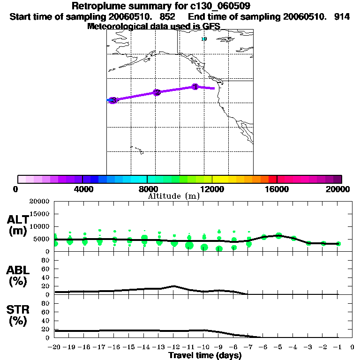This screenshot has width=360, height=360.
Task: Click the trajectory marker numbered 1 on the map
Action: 195,87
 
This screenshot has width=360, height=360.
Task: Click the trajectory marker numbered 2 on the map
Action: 157,93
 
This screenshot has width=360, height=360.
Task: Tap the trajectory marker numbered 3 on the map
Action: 112,100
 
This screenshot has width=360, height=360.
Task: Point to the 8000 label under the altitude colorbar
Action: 147,189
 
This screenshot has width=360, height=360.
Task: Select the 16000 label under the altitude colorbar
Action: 277,189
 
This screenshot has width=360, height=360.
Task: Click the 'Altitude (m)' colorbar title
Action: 173,196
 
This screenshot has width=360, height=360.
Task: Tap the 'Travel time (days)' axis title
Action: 205,356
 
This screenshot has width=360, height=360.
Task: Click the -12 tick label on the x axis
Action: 173,347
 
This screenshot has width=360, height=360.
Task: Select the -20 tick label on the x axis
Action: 54,347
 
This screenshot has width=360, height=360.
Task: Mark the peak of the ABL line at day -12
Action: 173,285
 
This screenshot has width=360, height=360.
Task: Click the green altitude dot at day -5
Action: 279,235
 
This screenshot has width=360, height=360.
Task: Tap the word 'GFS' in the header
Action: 210,26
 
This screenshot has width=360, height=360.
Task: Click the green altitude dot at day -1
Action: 338,244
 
